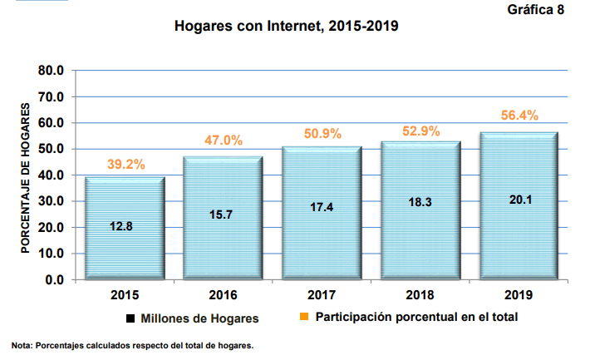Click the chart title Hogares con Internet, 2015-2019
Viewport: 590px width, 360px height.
click(287, 26)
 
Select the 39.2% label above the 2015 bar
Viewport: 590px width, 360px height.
click(125, 165)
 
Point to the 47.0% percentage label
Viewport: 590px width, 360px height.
click(224, 141)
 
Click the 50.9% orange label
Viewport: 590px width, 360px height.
click(322, 133)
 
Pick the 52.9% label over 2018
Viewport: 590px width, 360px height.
click(420, 130)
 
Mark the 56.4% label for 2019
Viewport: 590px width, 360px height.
click(519, 116)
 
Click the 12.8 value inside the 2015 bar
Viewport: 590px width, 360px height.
click(125, 226)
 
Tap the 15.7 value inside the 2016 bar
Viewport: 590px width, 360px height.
click(223, 215)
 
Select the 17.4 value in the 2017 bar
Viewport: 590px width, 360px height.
click(322, 208)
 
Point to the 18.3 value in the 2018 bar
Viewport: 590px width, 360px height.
click(420, 204)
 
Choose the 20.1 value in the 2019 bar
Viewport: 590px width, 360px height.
click(519, 199)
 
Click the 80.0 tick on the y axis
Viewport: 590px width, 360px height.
click(52, 71)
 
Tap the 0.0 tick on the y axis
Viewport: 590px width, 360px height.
click(55, 279)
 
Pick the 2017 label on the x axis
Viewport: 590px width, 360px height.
click(322, 295)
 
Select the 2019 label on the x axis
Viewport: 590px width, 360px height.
click(519, 295)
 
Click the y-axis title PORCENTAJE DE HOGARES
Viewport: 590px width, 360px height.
click(26, 180)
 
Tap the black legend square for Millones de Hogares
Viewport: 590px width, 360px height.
click(130, 318)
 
